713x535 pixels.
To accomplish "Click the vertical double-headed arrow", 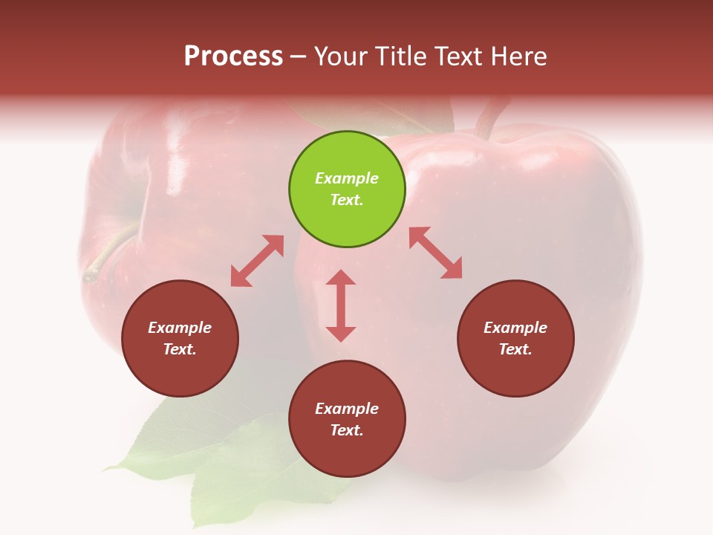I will pos(341,305).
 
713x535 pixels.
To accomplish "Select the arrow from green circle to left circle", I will pos(257,261).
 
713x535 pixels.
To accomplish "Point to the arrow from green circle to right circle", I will pos(435,253).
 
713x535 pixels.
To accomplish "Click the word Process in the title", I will pos(233,56).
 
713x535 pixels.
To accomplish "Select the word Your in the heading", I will pos(341,56).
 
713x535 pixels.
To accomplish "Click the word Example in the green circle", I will pos(347,178).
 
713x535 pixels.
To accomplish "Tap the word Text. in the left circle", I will pos(180,349).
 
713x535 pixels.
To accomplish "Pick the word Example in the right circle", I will pos(515,328).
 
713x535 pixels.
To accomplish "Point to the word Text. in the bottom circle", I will pos(347,430).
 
